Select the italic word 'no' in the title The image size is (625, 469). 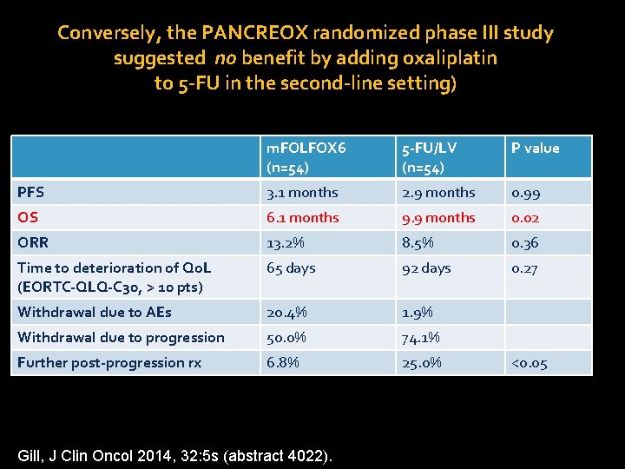tap(227, 59)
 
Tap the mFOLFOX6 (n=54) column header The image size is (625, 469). tap(306, 156)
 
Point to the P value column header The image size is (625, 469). tap(535, 149)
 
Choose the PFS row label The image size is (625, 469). tap(31, 193)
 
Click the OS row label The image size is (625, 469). tap(29, 218)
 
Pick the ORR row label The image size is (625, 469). tap(33, 243)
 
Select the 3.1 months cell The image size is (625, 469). tap(303, 193)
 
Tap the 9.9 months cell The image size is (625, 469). tap(438, 218)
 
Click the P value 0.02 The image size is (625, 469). tap(525, 218)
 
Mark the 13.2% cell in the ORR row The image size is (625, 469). tap(287, 243)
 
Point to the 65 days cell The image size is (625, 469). tap(291, 268)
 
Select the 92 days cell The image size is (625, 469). tap(426, 268)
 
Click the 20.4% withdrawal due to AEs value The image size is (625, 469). tap(287, 313)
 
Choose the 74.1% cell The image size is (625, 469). tap(421, 338)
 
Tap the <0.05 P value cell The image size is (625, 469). tap(530, 363)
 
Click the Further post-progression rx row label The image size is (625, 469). tap(109, 363)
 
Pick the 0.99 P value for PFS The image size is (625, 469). tap(525, 193)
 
